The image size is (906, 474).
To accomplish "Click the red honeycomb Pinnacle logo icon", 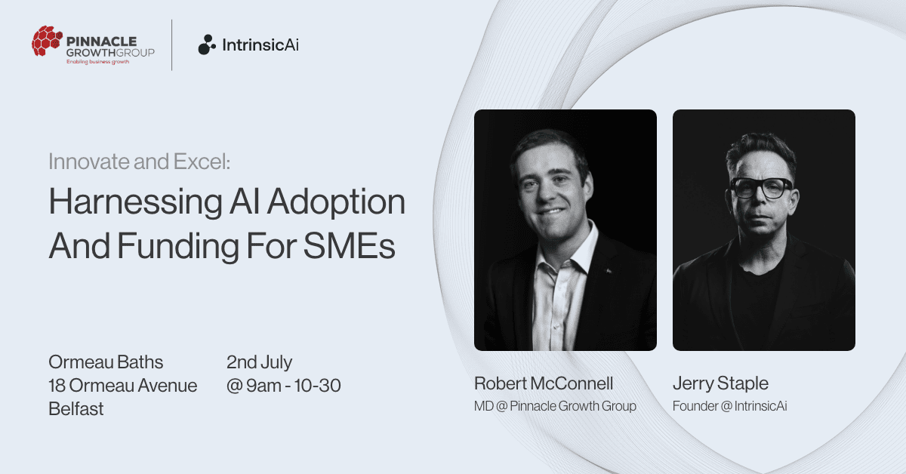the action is (47, 41).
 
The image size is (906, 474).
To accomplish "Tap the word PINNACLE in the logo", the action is (101, 42).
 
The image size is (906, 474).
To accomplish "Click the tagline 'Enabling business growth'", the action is (98, 62).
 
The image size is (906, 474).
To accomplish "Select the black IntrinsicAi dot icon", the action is (207, 45).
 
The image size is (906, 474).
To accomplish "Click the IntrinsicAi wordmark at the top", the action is (260, 45).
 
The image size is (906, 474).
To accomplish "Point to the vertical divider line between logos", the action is (172, 45).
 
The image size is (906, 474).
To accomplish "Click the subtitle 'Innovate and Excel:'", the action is (140, 162).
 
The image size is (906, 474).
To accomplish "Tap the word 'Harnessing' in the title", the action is (136, 202).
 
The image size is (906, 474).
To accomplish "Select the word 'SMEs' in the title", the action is (349, 246).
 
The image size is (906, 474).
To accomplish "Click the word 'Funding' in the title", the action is (178, 247).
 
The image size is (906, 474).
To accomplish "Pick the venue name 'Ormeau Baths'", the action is (106, 362).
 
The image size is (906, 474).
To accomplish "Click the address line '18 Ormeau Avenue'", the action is (123, 386).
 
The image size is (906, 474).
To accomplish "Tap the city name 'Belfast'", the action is (76, 409).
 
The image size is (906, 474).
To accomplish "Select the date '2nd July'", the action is (259, 362).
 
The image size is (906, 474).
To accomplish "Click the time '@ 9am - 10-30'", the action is (284, 386).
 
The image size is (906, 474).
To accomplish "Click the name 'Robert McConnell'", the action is (544, 383).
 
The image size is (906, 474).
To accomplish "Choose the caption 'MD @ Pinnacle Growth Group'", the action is (556, 406).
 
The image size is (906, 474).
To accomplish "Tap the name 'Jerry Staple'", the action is (720, 383).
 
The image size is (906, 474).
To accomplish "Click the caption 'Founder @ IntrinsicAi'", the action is (730, 406).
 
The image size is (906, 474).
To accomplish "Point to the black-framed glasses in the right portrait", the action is (761, 188).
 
